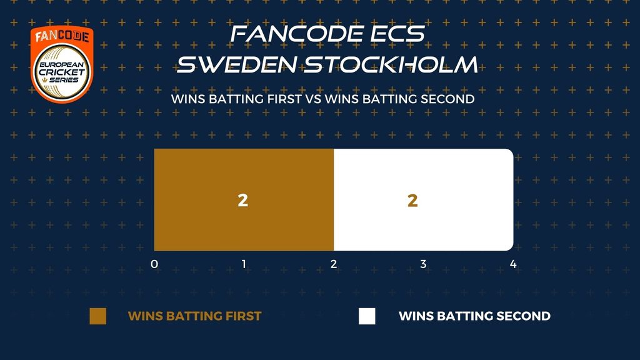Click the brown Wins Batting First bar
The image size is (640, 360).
pos(244,199)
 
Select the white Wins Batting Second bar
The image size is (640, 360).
pos(423,199)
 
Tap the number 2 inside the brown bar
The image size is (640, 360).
pos(243,200)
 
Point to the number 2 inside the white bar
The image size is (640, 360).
pos(412,200)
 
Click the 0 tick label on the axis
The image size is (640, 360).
pos(154,264)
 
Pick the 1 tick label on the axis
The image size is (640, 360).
pos(244,264)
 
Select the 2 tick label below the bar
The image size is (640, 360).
pos(334,264)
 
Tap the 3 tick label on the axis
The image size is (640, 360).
pos(423,264)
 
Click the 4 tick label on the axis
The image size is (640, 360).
pos(513,264)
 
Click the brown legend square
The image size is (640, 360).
pos(98,316)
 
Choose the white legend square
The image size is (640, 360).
pos(367,316)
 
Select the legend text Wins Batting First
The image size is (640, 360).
pos(195,316)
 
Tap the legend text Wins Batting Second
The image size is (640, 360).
pos(475,316)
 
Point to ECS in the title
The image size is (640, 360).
pos(397,34)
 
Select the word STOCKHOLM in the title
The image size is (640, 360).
pos(391,65)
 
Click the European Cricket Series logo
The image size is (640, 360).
pos(62,64)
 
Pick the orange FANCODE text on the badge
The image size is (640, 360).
pos(62,36)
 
